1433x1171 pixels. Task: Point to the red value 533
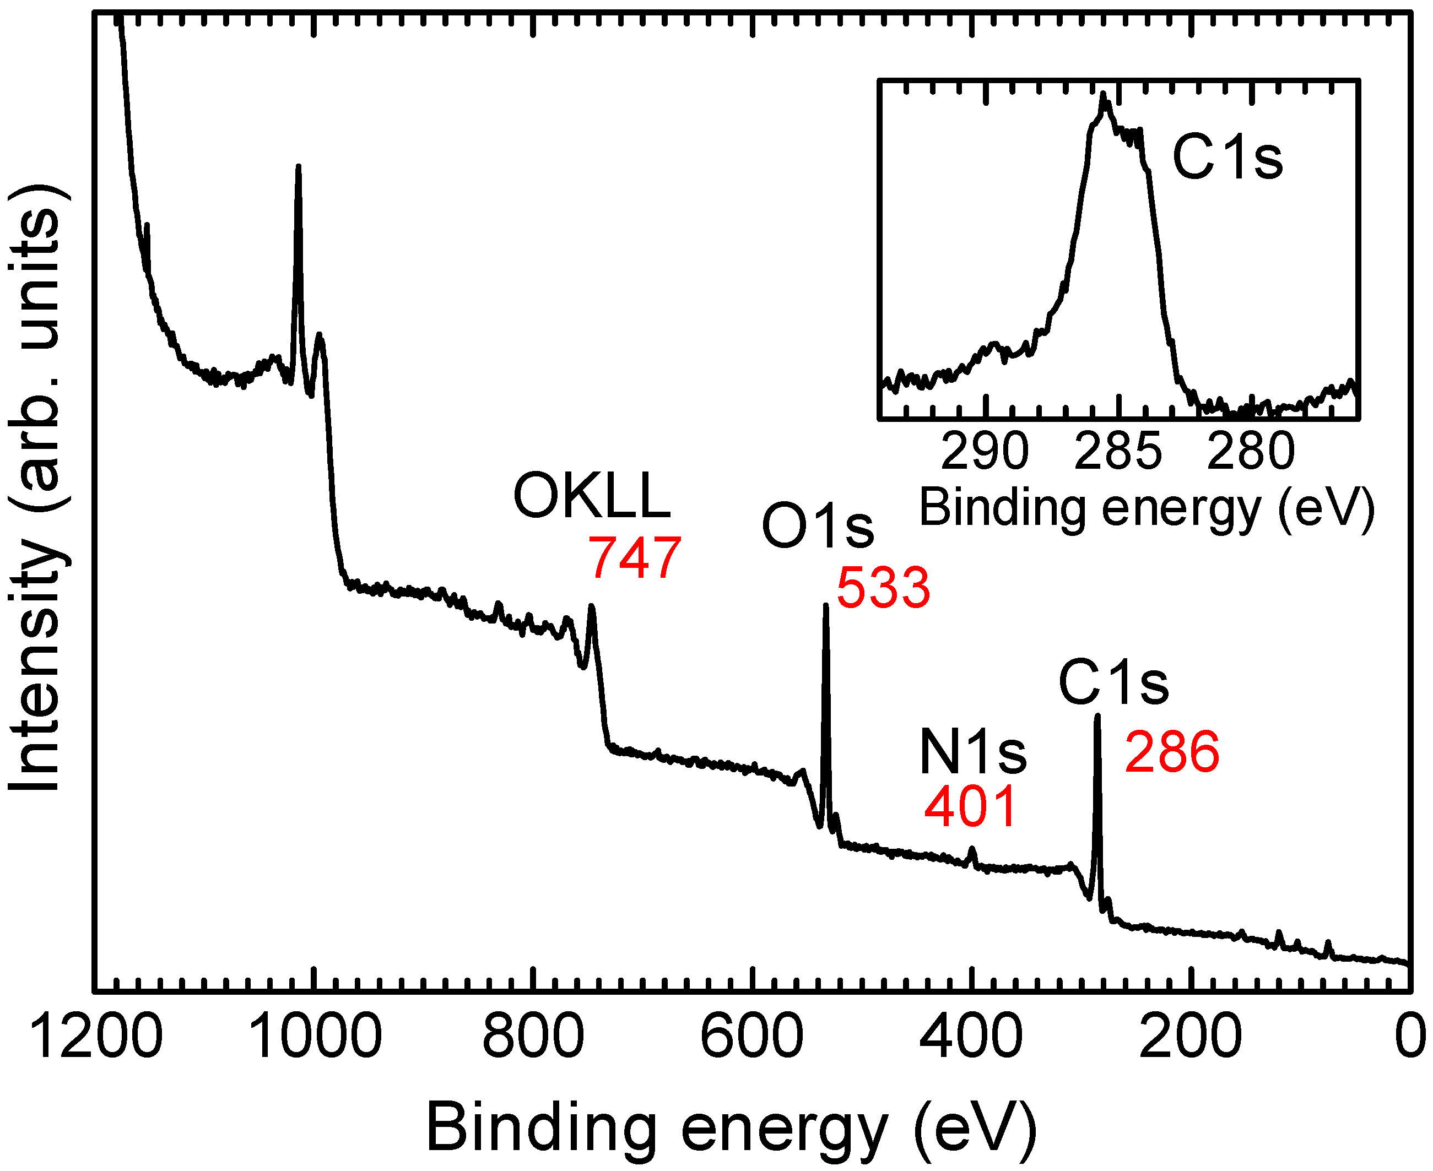883,588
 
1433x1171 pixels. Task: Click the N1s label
972,753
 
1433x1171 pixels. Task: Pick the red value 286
1172,751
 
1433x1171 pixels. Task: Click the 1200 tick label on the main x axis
96,1037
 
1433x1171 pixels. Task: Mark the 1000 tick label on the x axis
315,1037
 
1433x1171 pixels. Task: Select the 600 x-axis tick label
751,1037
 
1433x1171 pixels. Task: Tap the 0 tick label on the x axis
1409,1037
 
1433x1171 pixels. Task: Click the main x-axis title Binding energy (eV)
731,1128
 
